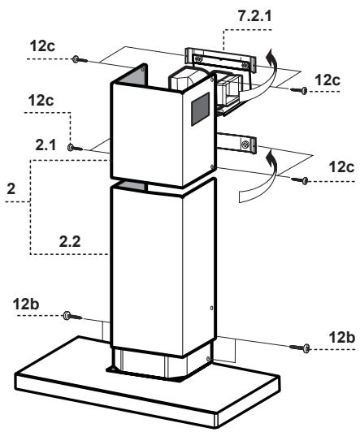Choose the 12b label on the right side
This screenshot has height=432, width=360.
(x=340, y=335)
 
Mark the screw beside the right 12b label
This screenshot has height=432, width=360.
(x=306, y=348)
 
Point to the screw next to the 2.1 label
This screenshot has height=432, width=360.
(x=72, y=149)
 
